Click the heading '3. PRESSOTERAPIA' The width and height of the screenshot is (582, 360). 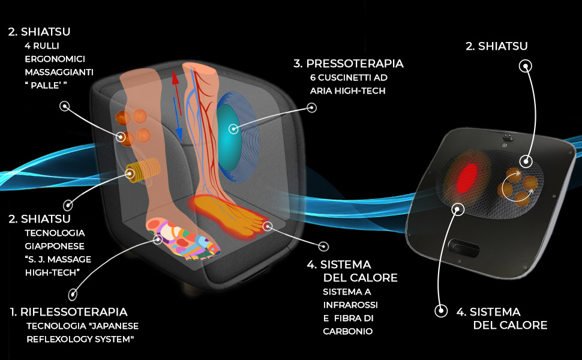pyautogui.click(x=348, y=64)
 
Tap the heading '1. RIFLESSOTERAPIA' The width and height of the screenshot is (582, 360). pyautogui.click(x=69, y=312)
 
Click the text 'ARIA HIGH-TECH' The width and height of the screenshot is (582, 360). pyautogui.click(x=347, y=91)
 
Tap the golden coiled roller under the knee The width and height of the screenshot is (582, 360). pyautogui.click(x=141, y=172)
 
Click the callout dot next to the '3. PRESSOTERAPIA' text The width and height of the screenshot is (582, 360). pyautogui.click(x=311, y=107)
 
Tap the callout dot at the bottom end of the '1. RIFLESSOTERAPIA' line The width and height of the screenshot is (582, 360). pyautogui.click(x=73, y=294)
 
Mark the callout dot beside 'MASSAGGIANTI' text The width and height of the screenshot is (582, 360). pyautogui.click(x=64, y=107)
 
